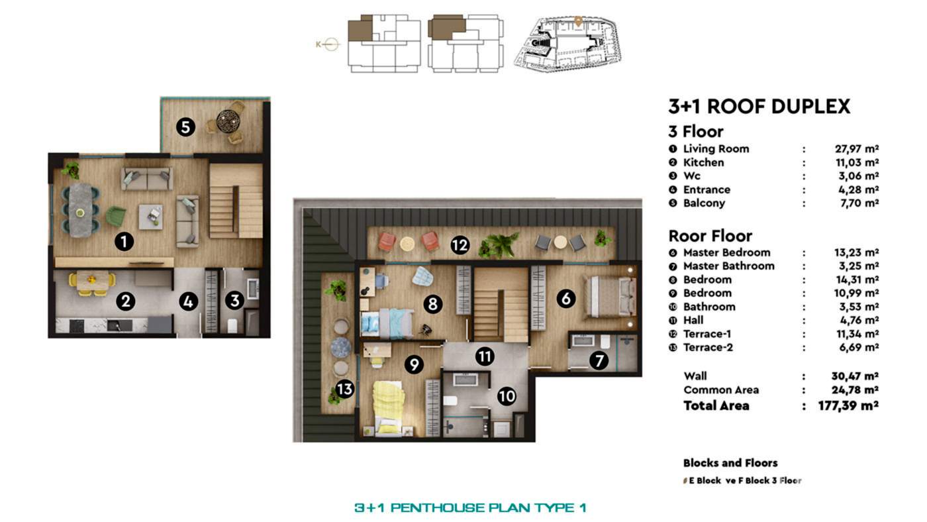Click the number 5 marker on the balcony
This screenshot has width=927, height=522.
click(x=185, y=127)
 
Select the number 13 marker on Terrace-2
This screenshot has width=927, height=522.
click(x=344, y=390)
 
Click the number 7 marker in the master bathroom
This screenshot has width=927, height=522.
click(x=600, y=361)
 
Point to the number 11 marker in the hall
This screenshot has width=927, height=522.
click(x=485, y=356)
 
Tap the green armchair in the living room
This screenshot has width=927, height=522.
click(x=115, y=215)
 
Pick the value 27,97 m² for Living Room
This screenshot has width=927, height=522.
click(x=856, y=149)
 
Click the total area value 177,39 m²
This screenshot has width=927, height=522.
click(x=848, y=405)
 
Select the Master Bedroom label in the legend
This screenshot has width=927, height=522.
click(x=726, y=252)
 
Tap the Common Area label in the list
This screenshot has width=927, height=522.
click(x=721, y=390)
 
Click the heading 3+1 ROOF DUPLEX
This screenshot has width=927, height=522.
click(x=759, y=107)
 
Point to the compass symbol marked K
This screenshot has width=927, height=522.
click(x=330, y=44)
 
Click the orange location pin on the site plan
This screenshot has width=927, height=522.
click(x=578, y=21)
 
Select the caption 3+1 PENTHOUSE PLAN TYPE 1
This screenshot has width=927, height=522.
click(x=470, y=508)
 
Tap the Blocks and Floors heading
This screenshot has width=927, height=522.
click(x=730, y=463)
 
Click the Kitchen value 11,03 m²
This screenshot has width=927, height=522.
click(x=856, y=162)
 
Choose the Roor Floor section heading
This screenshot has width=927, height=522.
click(x=710, y=236)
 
